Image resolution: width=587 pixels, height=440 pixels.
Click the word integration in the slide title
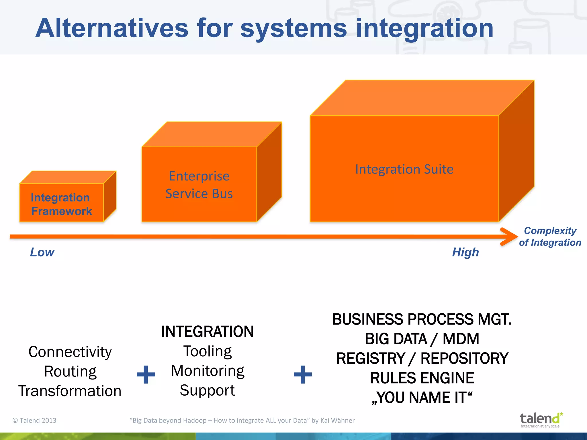[424, 29]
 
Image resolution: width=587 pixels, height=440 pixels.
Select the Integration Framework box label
[61, 204]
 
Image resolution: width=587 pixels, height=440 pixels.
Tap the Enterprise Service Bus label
[199, 185]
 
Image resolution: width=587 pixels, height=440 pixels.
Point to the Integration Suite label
[404, 169]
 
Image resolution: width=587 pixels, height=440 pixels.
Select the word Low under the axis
[42, 252]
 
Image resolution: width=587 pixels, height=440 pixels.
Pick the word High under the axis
[465, 252]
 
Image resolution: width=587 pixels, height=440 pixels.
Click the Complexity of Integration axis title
[550, 237]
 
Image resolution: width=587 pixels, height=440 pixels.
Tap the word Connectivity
[70, 352]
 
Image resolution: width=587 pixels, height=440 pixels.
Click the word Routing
[70, 372]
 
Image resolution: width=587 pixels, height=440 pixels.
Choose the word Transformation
[70, 391]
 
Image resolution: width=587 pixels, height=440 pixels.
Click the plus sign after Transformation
[146, 374]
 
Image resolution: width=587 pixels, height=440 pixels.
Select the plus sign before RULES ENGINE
[303, 374]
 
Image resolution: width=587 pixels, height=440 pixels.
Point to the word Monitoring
[208, 371]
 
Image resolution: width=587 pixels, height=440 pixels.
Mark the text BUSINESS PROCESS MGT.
[422, 319]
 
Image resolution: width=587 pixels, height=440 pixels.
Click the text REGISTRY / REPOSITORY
[422, 358]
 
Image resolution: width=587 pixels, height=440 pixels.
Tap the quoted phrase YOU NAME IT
[422, 398]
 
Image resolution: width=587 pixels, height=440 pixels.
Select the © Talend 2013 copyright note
[34, 420]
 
